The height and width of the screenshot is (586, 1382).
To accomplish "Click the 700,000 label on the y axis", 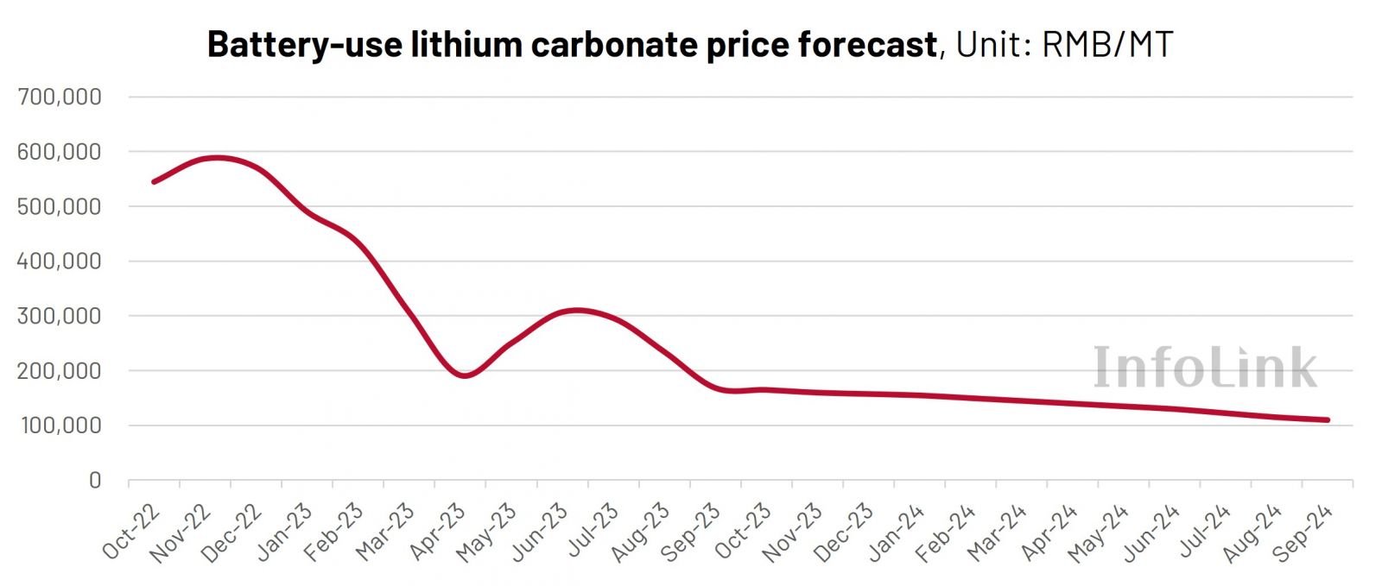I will [59, 97].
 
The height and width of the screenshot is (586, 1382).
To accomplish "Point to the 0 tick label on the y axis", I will [94, 481].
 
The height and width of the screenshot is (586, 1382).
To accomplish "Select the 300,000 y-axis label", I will [59, 316].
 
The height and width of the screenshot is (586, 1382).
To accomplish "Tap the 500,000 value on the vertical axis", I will [59, 206].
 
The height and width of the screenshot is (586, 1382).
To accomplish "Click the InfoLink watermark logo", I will [1205, 368].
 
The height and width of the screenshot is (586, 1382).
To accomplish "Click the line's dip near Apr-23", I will [465, 375].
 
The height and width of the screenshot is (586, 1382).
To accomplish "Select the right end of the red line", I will [1327, 420].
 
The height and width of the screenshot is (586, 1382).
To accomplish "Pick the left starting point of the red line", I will [154, 182].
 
